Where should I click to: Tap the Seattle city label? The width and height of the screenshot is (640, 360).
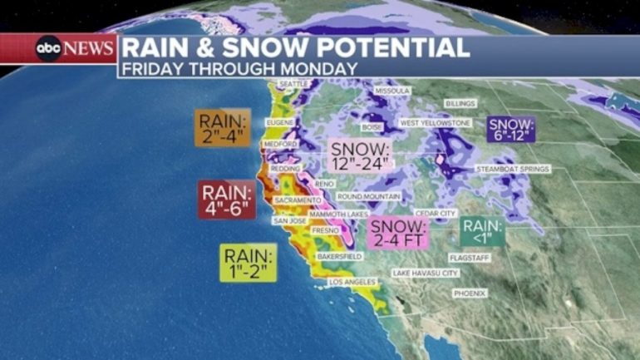click(293, 84)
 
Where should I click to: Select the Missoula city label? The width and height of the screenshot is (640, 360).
click(392, 90)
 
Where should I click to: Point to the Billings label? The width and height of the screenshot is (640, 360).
click(460, 103)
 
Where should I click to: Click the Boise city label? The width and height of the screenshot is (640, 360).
click(371, 127)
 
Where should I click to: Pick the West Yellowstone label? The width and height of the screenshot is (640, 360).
click(435, 123)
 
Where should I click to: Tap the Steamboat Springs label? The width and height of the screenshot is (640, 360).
click(512, 169)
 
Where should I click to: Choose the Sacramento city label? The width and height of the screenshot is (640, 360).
click(298, 200)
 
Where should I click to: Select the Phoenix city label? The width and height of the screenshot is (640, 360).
click(468, 293)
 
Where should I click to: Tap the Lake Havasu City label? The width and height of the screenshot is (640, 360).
click(425, 273)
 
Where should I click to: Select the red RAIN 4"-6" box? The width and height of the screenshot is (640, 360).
click(226, 200)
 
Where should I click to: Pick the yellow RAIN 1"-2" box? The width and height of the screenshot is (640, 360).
click(248, 263)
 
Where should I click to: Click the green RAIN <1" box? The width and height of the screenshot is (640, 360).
click(483, 230)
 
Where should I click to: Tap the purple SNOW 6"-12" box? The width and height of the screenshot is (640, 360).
click(512, 128)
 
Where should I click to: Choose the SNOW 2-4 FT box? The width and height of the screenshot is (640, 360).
click(397, 233)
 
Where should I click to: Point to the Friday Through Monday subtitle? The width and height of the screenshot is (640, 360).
click(239, 68)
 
